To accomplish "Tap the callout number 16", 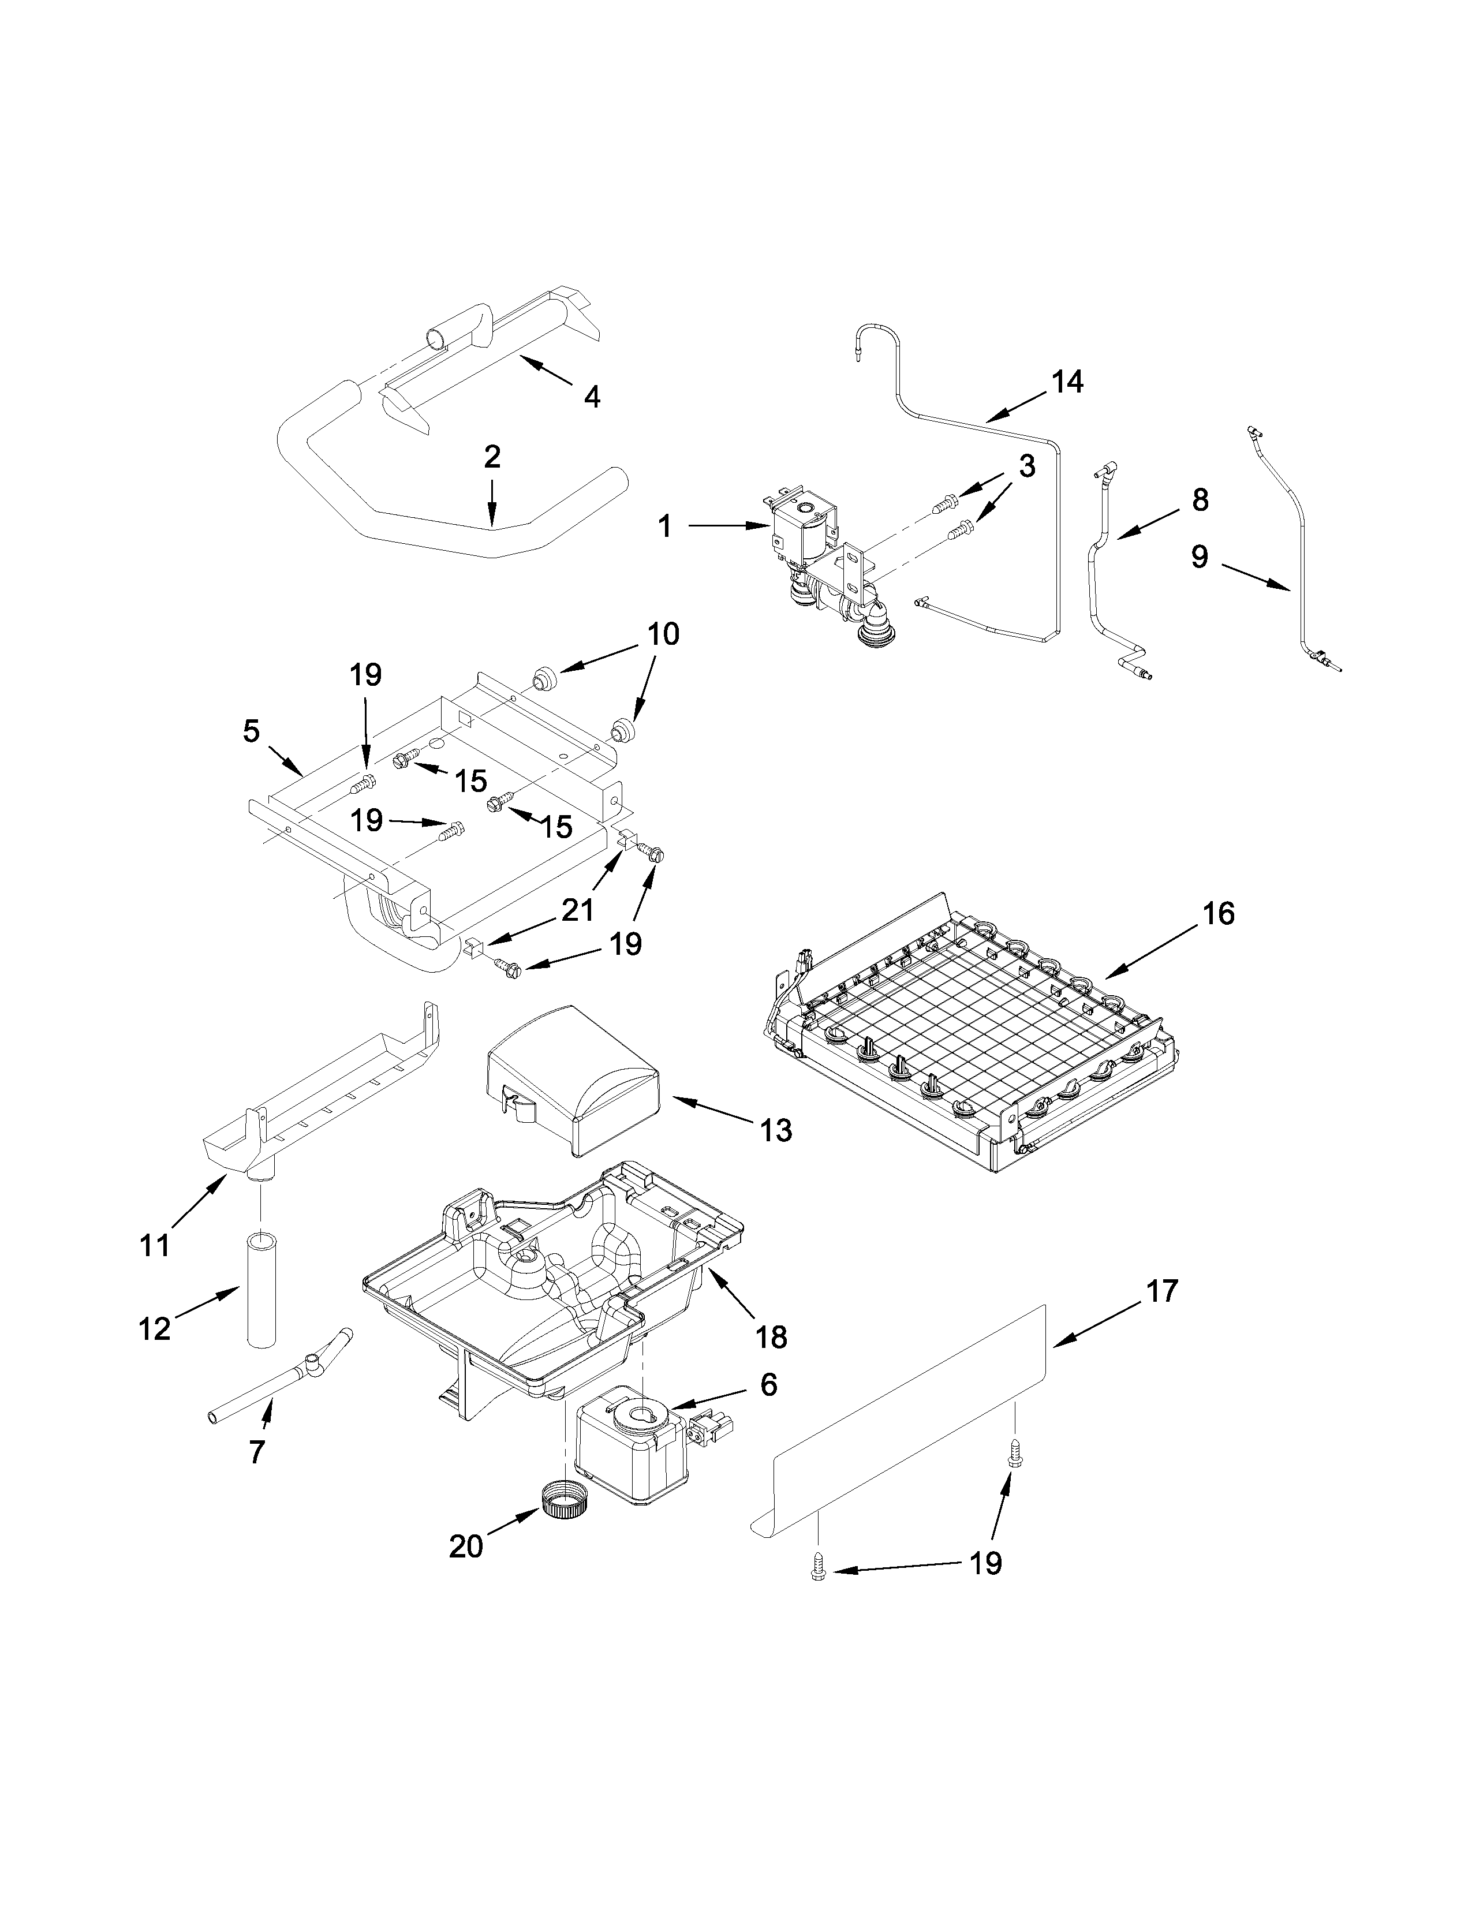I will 1219,914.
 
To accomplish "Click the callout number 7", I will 256,1451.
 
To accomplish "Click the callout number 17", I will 1161,1291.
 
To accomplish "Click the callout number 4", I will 592,397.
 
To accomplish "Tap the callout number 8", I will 1200,500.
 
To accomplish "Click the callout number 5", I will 251,731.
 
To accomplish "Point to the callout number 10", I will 664,634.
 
